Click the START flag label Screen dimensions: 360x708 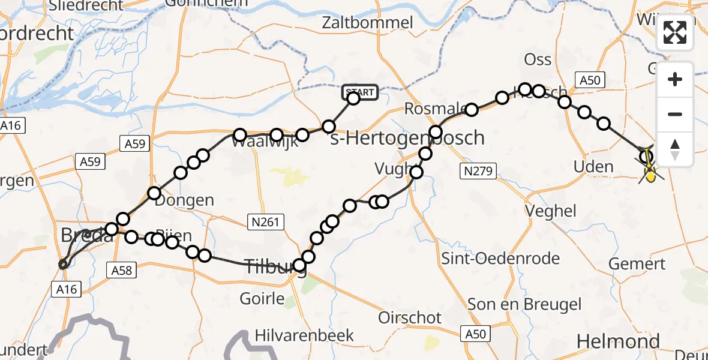(x=360, y=92)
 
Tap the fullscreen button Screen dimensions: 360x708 (x=675, y=32)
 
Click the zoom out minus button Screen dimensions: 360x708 (x=675, y=114)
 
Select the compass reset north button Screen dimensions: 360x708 (x=675, y=149)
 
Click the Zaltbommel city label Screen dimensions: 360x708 (x=367, y=23)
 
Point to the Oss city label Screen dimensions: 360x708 (x=538, y=59)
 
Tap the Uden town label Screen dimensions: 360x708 (x=593, y=167)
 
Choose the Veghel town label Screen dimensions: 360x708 (x=550, y=211)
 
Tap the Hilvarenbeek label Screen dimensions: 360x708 (x=313, y=335)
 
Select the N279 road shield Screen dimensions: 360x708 (x=478, y=172)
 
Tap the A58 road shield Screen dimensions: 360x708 (x=122, y=271)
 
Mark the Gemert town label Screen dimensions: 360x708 (x=637, y=263)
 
